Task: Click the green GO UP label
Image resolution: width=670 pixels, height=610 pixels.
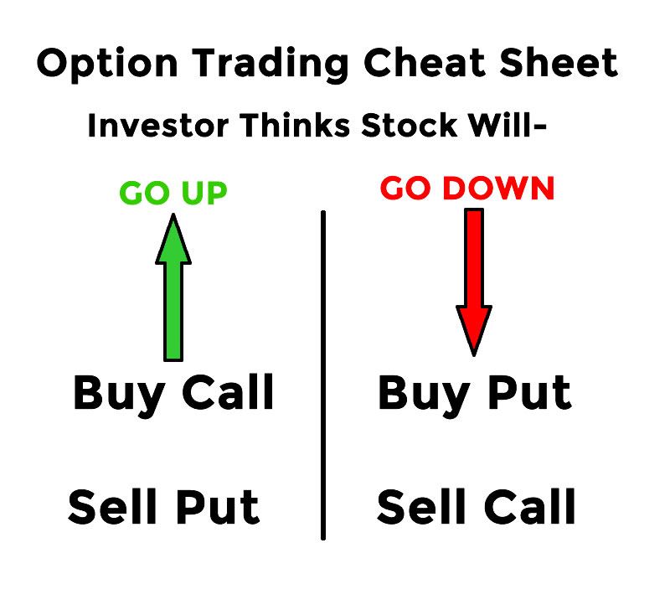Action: coord(173,194)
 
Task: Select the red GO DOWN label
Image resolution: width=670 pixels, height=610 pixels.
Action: coord(467,189)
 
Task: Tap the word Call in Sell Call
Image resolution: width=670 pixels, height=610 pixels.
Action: coord(527,507)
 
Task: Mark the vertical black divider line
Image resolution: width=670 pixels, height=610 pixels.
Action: coord(323,377)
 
